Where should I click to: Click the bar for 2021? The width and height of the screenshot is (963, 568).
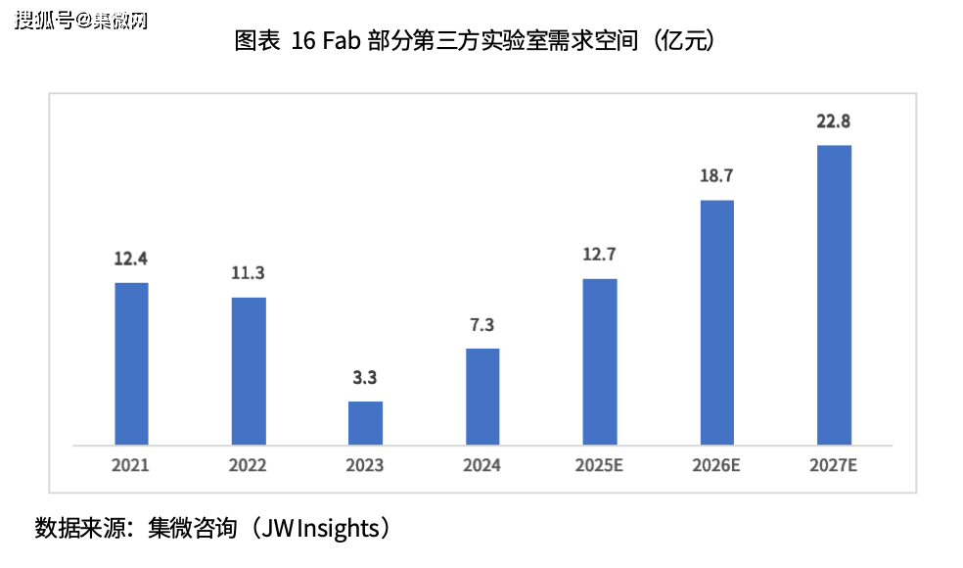tap(131, 363)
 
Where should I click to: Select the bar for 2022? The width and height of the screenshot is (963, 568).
tap(249, 370)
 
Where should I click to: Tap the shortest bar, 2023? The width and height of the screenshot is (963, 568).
tap(365, 422)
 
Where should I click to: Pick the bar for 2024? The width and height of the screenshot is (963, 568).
tap(482, 396)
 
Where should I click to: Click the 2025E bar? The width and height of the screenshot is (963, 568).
tap(600, 361)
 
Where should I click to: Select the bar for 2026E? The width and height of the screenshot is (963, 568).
tap(716, 322)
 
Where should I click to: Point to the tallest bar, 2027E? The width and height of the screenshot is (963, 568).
tap(834, 295)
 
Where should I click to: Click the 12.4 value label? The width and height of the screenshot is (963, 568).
tap(131, 260)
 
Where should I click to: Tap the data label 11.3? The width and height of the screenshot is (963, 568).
tap(249, 273)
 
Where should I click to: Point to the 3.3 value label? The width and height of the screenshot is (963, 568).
tap(365, 377)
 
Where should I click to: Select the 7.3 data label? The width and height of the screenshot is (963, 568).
tap(482, 325)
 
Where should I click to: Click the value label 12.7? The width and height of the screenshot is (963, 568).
tap(600, 256)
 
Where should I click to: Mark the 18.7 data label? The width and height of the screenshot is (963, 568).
tap(716, 176)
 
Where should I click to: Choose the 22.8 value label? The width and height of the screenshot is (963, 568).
tap(834, 121)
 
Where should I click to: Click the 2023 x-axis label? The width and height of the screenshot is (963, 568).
tap(365, 465)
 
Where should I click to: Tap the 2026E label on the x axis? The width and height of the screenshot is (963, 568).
tap(716, 465)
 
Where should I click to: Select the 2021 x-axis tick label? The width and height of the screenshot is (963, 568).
tap(131, 465)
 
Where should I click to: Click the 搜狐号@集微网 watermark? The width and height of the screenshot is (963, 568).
tap(81, 20)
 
